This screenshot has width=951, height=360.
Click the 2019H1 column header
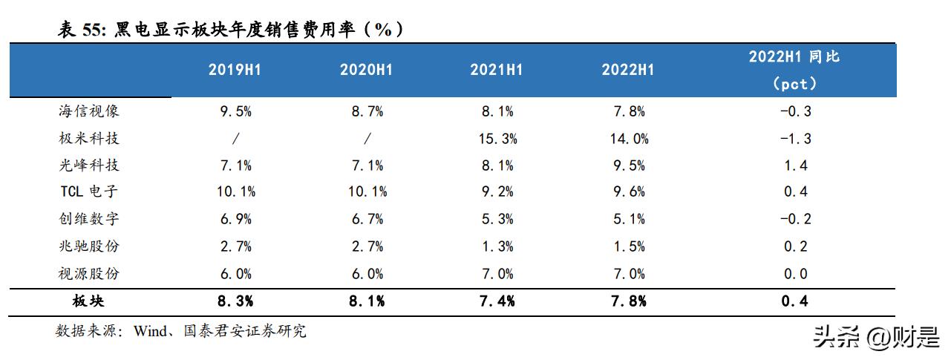(235, 70)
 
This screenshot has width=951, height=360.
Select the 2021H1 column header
(496, 70)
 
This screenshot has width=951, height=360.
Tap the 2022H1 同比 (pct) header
(794, 70)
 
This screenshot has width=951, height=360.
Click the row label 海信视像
(88, 111)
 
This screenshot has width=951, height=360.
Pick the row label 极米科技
(88, 138)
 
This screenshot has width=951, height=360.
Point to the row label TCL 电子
(88, 192)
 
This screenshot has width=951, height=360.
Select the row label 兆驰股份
(88, 246)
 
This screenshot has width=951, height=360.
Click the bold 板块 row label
(88, 301)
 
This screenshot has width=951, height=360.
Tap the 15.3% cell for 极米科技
(496, 139)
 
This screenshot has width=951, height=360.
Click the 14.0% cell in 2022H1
(627, 139)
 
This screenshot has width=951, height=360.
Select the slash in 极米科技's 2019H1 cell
(235, 139)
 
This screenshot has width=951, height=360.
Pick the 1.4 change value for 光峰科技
(795, 166)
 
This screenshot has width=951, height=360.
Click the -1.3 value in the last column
(794, 139)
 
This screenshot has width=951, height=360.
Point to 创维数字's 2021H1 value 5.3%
(496, 219)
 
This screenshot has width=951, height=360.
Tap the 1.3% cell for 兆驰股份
(496, 246)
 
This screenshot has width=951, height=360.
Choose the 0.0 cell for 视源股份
(795, 274)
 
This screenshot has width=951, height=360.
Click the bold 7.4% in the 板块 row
(496, 301)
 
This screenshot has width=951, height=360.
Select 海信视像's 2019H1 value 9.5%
(235, 112)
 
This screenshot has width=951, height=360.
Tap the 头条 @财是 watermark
(876, 338)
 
